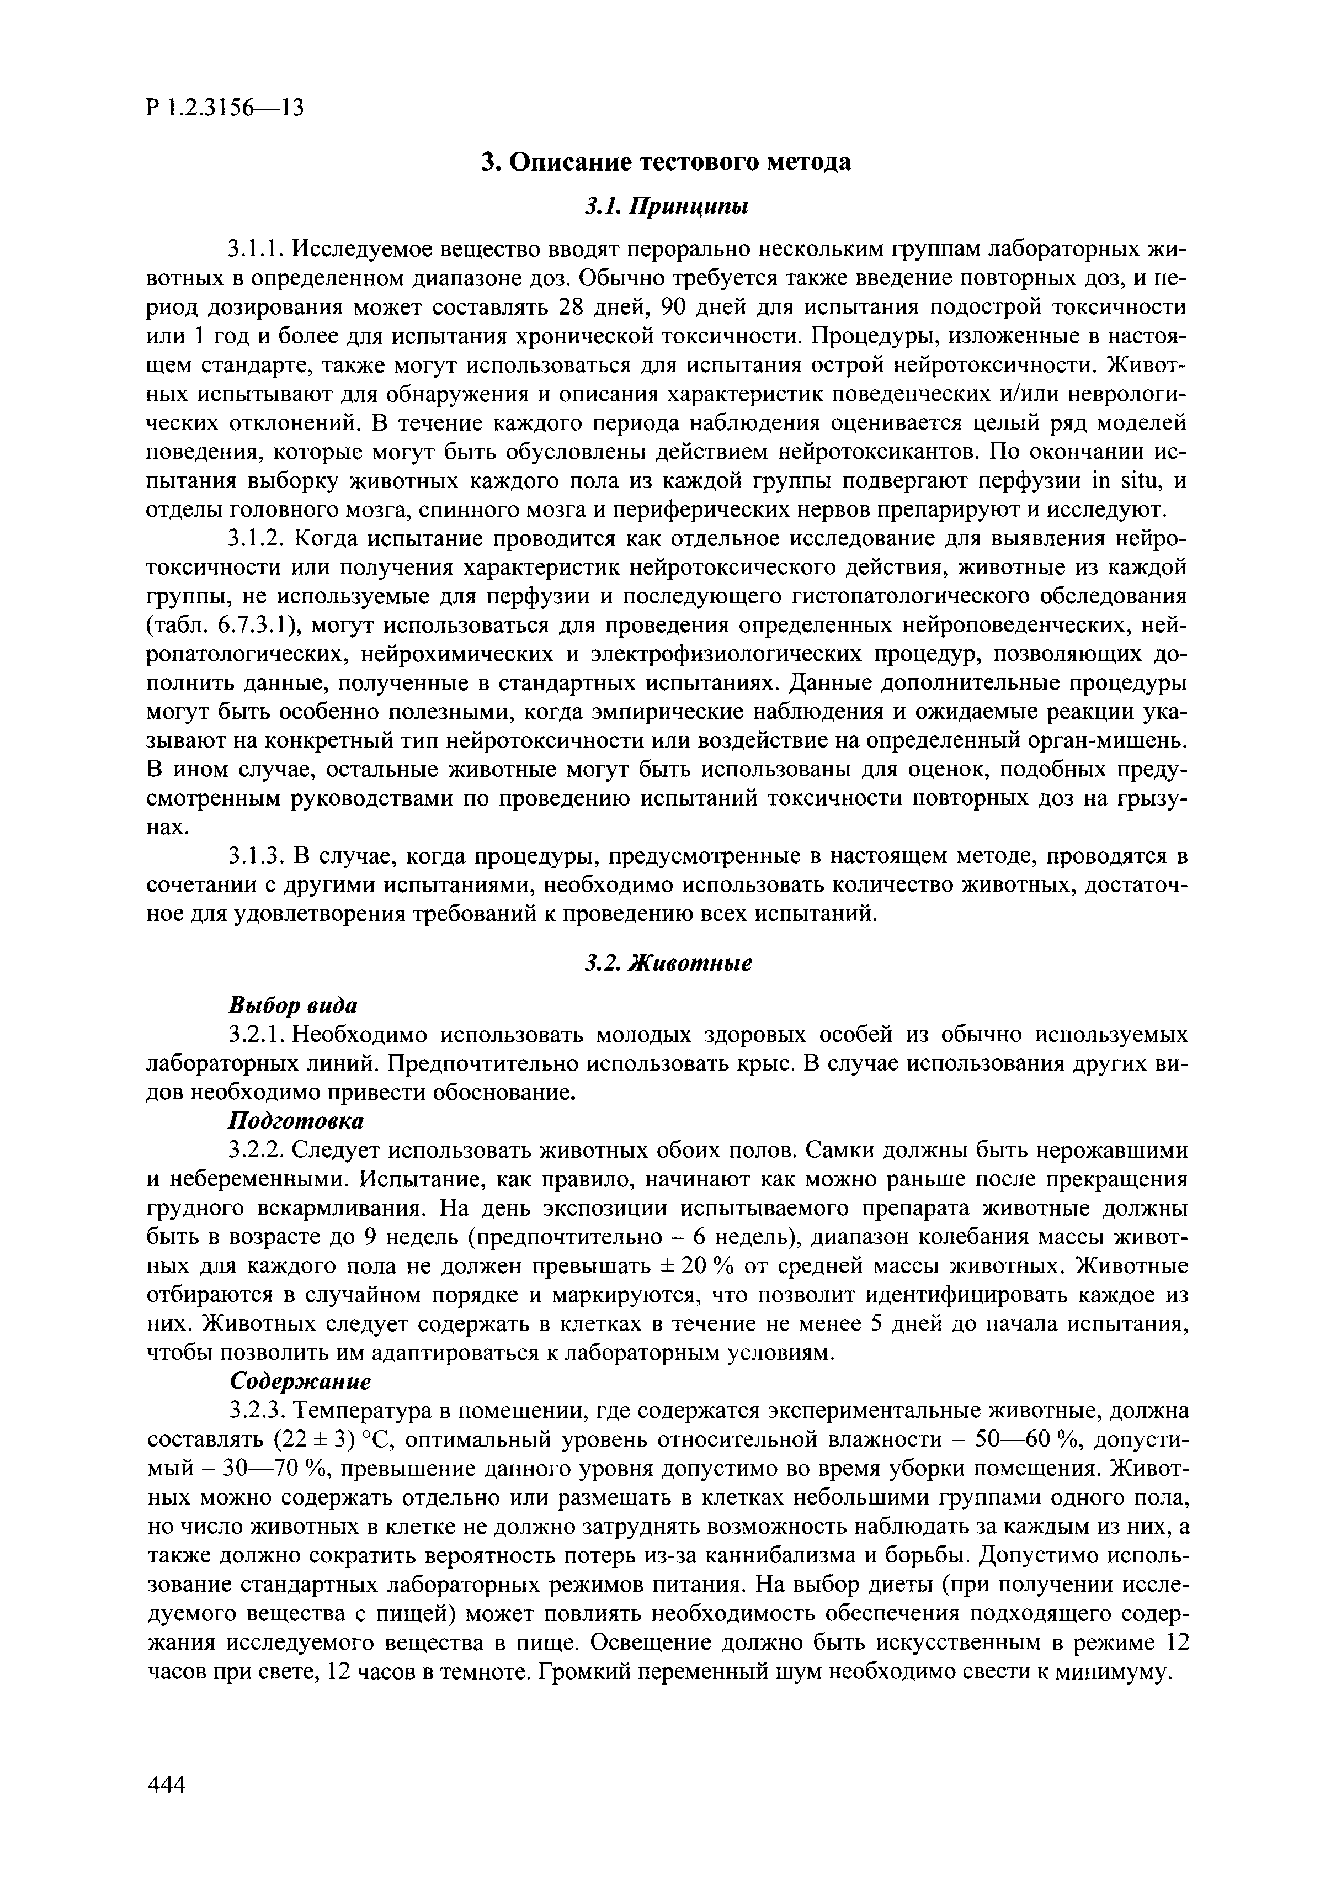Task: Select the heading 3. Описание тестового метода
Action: [666, 162]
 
